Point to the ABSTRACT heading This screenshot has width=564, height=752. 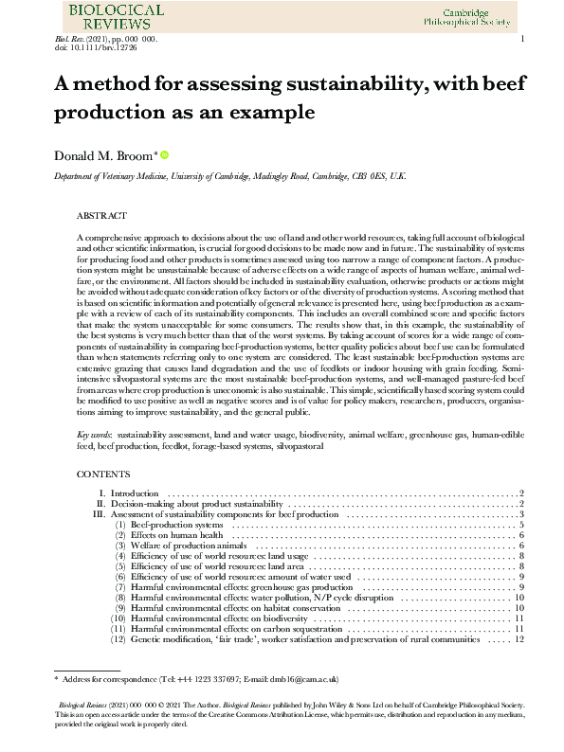point(101,216)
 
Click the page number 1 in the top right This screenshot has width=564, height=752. point(522,38)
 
